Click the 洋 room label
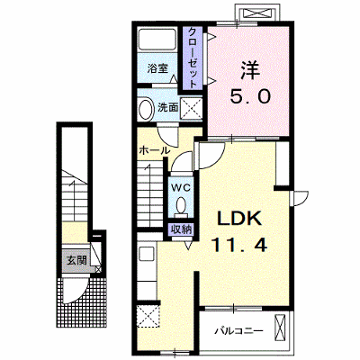click(x=249, y=70)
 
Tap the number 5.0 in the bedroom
click(x=250, y=96)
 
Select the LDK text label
click(x=239, y=220)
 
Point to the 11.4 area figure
click(x=239, y=245)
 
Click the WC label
click(x=181, y=188)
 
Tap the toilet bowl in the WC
click(x=181, y=207)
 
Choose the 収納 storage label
click(x=181, y=229)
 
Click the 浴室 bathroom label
click(x=157, y=68)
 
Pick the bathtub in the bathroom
click(x=157, y=39)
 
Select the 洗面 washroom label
click(x=168, y=107)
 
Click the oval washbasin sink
click(x=146, y=108)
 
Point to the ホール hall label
click(x=155, y=150)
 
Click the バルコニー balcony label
click(x=239, y=331)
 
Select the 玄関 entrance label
click(x=76, y=260)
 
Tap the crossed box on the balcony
click(x=279, y=328)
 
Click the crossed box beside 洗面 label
click(x=192, y=108)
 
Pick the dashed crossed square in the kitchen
click(x=148, y=316)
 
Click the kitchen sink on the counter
click(x=147, y=255)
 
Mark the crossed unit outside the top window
click(x=258, y=13)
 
